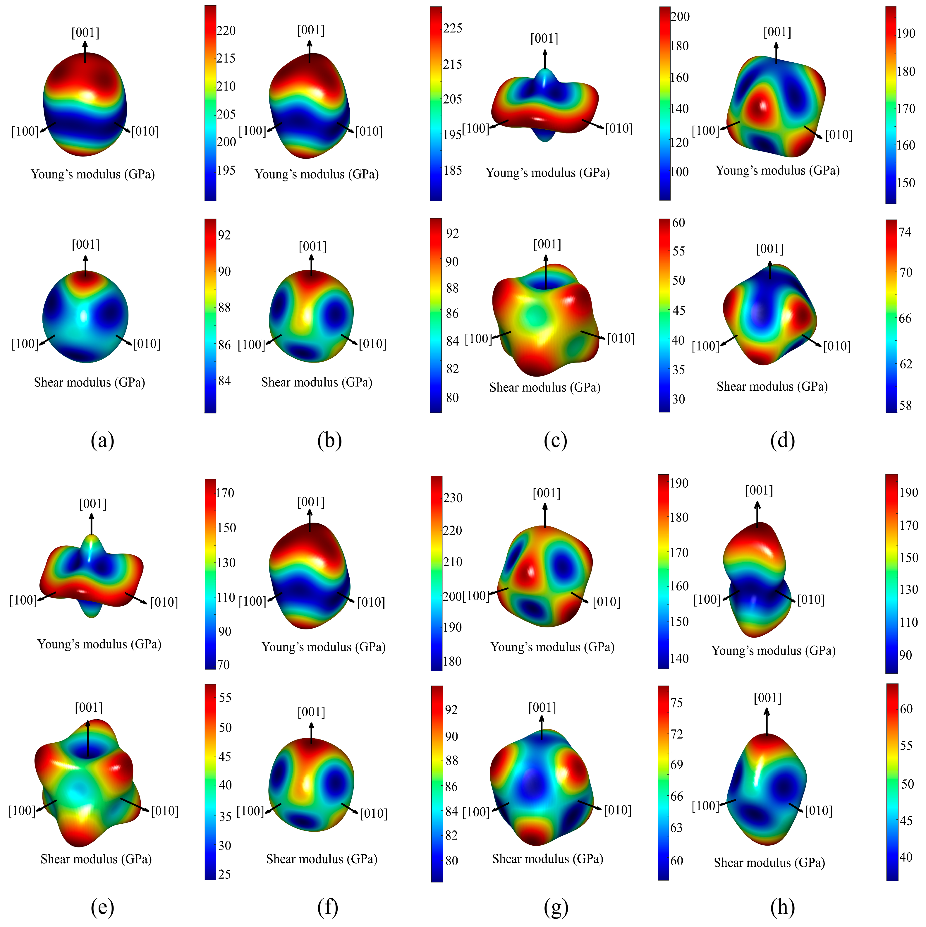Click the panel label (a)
coord(102,440)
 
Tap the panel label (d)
coord(783,440)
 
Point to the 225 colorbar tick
coord(452,28)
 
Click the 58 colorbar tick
coord(905,406)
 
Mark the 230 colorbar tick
coord(452,498)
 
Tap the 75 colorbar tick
coord(676,703)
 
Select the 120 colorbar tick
coord(679,142)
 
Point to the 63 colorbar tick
coord(676,828)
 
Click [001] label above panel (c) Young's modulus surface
coord(544,38)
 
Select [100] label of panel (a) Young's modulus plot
coord(25,131)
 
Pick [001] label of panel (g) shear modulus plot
coord(542,708)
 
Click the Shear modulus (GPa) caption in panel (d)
coord(772,387)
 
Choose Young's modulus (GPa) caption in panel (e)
coord(99,644)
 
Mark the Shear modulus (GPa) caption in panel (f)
coord(322,859)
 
